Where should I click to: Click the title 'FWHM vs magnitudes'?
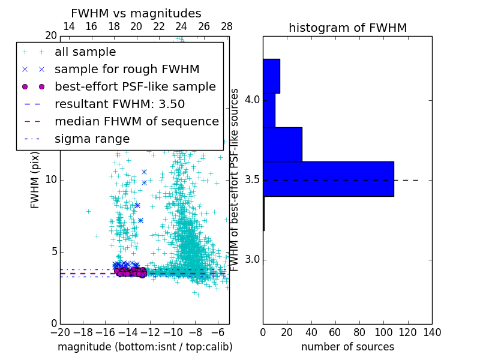(136, 13)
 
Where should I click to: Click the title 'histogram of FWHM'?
(347, 28)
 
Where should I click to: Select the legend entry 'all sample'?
(85, 52)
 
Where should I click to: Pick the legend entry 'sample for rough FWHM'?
(127, 70)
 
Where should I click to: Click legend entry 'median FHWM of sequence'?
(136, 122)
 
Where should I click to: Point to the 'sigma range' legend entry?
(92, 139)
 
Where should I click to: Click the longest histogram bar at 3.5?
(328, 179)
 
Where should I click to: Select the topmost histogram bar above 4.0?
(271, 76)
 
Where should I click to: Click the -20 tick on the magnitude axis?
(60, 332)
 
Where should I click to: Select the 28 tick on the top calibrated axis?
(227, 26)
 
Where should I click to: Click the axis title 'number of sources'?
(347, 347)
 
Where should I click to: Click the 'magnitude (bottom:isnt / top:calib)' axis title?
(145, 347)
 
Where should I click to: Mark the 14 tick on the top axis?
(69, 26)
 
